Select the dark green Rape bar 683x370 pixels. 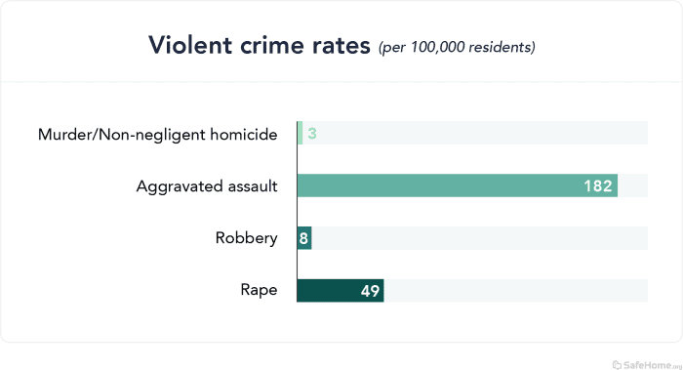[341, 291]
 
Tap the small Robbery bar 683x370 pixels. [304, 238]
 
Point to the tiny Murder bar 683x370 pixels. [300, 133]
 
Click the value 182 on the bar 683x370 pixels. [597, 185]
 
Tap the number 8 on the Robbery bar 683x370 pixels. [304, 238]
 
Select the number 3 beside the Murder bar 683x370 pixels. [312, 133]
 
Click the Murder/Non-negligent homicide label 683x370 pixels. [157, 134]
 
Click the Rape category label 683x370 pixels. [259, 291]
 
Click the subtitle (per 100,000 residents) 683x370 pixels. [457, 47]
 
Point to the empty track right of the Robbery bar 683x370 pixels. [478, 238]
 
